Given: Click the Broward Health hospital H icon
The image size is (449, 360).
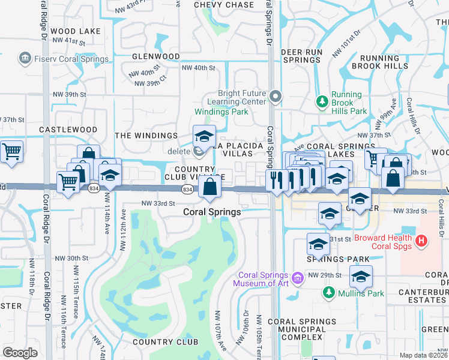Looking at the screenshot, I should click(423, 241).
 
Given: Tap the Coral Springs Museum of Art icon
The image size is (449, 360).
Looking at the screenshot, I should click(298, 277).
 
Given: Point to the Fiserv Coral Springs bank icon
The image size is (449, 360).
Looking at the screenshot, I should click(25, 59).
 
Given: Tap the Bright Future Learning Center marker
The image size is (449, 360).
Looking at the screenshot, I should click(276, 96).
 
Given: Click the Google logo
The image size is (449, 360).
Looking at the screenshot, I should click(20, 353).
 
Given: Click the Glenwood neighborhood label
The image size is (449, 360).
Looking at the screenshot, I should click(156, 56).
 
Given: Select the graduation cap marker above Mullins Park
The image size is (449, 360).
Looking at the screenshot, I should click(360, 277).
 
